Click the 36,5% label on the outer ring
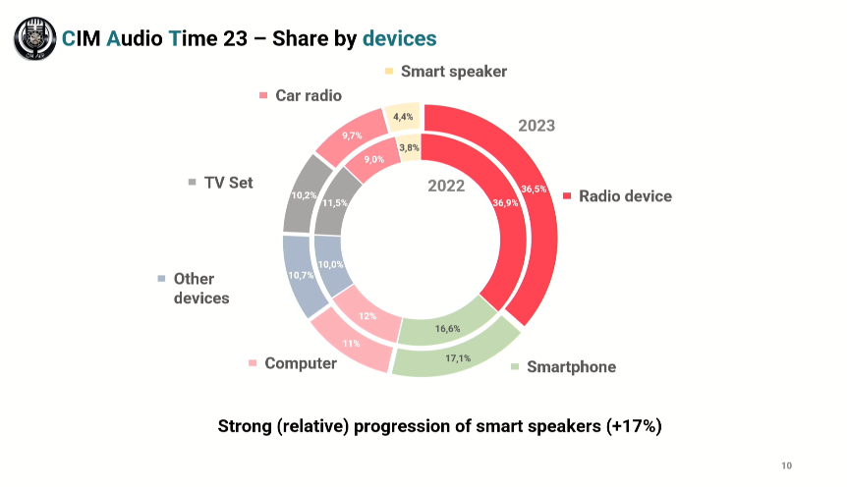click(534, 189)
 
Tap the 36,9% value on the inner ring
click(504, 203)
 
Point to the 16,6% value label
click(448, 328)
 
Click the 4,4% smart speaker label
click(403, 117)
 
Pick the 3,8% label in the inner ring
click(409, 148)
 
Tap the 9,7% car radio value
click(352, 135)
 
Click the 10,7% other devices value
click(301, 276)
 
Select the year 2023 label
click(536, 126)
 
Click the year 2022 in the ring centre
click(446, 187)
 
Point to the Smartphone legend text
click(571, 367)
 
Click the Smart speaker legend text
click(453, 71)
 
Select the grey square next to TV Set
click(193, 183)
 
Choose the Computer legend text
click(300, 363)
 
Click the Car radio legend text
click(308, 95)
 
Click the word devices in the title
click(399, 38)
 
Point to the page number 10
click(786, 464)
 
